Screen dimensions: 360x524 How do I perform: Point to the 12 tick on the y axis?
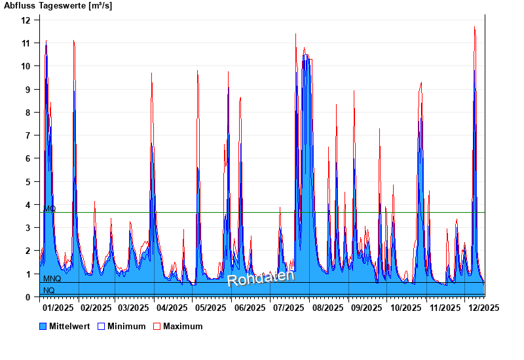click(x=26, y=20)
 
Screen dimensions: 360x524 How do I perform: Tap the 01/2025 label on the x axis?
click(x=58, y=308)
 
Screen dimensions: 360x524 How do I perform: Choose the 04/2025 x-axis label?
click(x=172, y=308)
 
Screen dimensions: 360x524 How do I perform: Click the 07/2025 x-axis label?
click(x=289, y=308)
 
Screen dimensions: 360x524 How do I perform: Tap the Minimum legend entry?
click(x=126, y=326)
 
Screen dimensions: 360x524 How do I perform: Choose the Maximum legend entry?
click(x=183, y=326)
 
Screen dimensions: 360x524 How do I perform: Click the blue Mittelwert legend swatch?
click(x=43, y=326)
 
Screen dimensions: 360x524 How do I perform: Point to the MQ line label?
click(x=50, y=209)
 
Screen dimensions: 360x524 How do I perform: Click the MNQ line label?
click(x=52, y=279)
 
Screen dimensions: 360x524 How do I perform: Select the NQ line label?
click(x=49, y=290)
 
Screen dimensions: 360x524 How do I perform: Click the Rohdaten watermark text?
click(x=261, y=278)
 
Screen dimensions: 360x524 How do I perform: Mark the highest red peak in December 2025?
click(x=474, y=27)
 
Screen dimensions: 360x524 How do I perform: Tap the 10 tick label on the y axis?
click(x=26, y=66)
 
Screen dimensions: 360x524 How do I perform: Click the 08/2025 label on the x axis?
click(x=327, y=308)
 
